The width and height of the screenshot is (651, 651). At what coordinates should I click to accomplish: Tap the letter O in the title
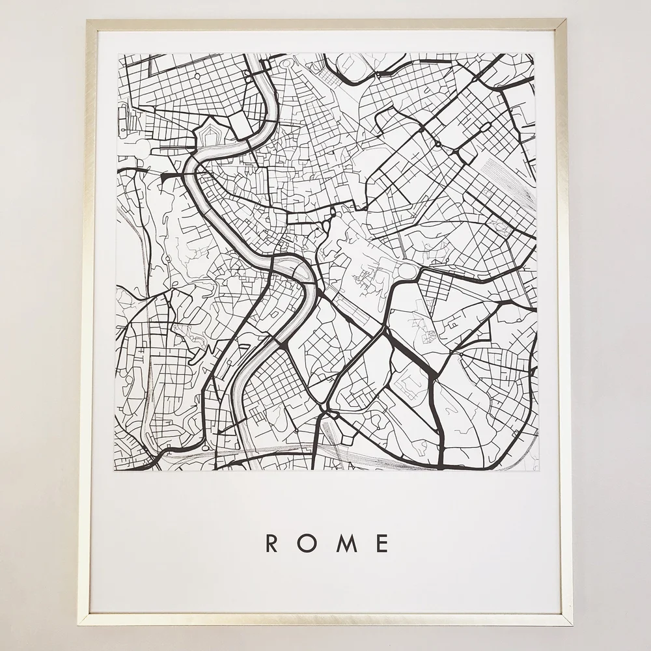click(x=309, y=543)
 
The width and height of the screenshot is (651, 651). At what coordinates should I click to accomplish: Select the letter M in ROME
click(x=346, y=543)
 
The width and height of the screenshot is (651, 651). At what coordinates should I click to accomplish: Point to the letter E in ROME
click(x=383, y=543)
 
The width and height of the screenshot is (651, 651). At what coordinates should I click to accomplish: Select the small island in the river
click(x=285, y=263)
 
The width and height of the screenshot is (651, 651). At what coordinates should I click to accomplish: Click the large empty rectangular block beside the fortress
click(x=239, y=124)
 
